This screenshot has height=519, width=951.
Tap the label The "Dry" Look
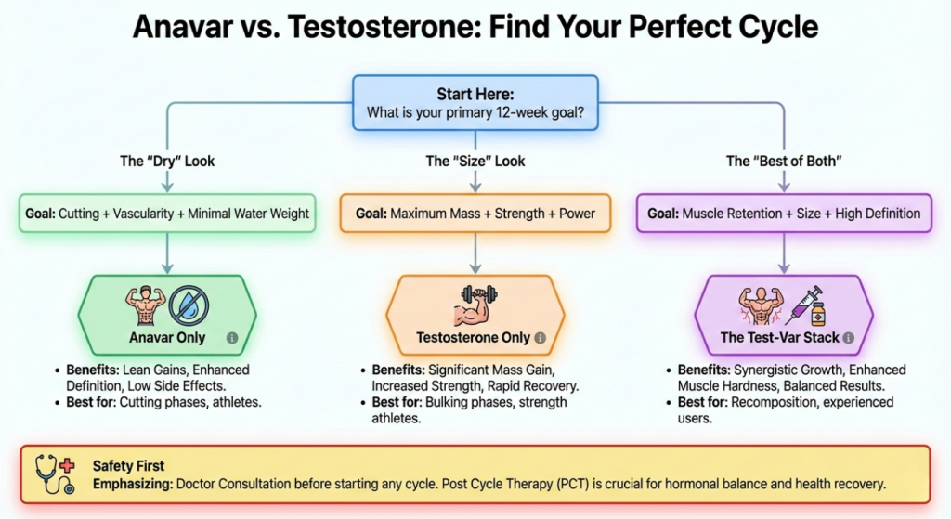(167, 162)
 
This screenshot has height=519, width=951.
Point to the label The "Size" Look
(475, 162)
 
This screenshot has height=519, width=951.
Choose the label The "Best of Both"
(783, 162)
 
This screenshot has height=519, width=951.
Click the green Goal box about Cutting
(167, 214)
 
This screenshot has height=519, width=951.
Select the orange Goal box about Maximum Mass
(475, 214)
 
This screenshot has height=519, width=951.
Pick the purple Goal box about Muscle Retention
(783, 214)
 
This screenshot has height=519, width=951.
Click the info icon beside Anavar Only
(232, 338)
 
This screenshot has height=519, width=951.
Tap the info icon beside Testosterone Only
(541, 338)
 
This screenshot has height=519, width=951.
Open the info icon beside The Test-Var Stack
(847, 338)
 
